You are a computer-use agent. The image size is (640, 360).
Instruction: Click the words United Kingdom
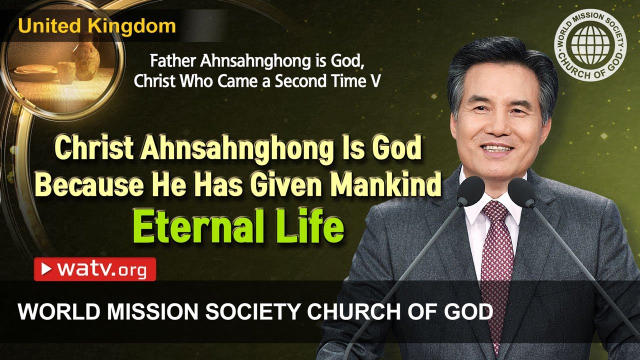97,26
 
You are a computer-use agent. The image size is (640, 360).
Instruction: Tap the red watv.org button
95,269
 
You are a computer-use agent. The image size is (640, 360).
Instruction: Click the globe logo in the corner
590,45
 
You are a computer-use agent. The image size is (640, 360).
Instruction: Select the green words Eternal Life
238,227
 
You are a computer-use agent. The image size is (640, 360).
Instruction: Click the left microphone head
470,191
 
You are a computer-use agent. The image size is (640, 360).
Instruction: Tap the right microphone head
521,193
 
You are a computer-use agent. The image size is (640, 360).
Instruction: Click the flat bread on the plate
35,70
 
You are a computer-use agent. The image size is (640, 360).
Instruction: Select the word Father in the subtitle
168,62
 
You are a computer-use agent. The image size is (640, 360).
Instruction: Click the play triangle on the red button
46,269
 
